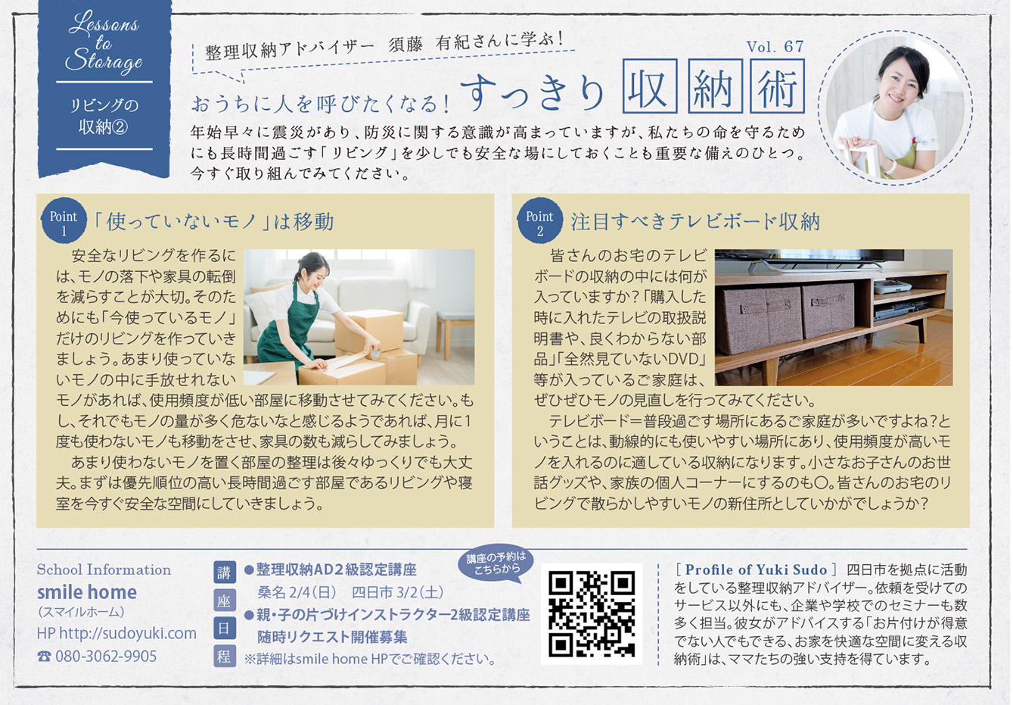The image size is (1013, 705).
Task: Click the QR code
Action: [591, 613]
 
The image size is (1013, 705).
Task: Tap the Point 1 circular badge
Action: [64, 220]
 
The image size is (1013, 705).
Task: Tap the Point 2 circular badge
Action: [539, 220]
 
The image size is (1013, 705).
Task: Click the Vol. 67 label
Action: [775, 47]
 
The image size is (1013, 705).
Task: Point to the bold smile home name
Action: [87, 592]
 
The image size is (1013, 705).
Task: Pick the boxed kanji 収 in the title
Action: [650, 86]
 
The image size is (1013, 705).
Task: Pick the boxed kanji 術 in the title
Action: [778, 86]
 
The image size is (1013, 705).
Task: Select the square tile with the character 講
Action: [224, 572]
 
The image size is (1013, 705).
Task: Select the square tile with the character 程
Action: [224, 656]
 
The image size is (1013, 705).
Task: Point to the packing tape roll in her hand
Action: [375, 352]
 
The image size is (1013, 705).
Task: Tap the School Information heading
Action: [104, 569]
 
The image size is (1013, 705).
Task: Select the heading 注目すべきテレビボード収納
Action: [695, 221]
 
